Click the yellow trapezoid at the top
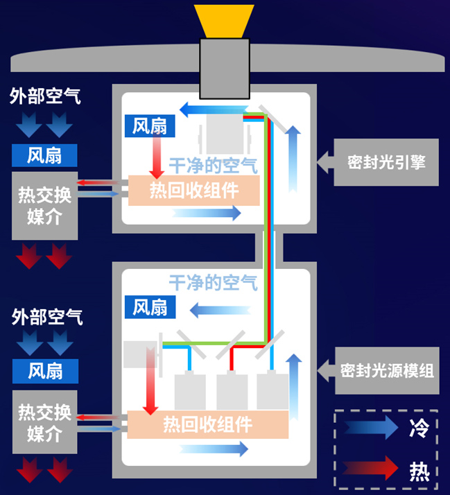click(x=224, y=21)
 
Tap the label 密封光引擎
click(x=386, y=162)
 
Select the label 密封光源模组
click(x=387, y=371)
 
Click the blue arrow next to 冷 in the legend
click(x=371, y=428)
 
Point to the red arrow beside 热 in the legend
click(x=370, y=468)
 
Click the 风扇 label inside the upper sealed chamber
click(x=150, y=126)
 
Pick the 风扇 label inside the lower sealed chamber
click(x=150, y=307)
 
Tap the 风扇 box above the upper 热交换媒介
click(x=44, y=155)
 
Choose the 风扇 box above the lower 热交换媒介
click(x=46, y=372)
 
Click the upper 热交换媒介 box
click(x=45, y=206)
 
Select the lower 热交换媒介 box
click(x=45, y=422)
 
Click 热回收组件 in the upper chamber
click(x=194, y=191)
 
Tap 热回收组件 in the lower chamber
click(x=207, y=424)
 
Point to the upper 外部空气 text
click(x=45, y=96)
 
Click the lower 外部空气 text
click(x=47, y=317)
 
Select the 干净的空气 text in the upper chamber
click(x=214, y=166)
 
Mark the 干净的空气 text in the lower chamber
click(x=214, y=283)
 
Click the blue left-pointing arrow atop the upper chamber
click(x=214, y=110)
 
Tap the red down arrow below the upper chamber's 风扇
click(x=157, y=157)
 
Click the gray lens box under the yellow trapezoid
click(x=225, y=69)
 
